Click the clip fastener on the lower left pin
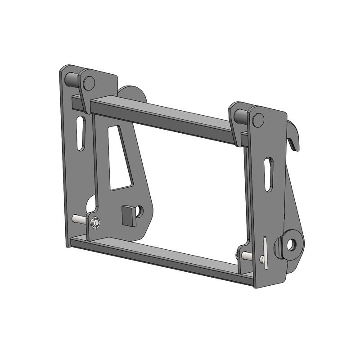94,223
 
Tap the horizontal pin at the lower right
247,256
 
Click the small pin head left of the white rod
261,259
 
